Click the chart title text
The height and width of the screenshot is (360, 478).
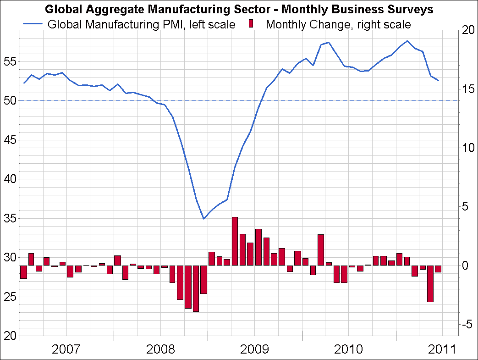(x=239, y=9)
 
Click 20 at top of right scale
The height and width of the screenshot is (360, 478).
(x=467, y=30)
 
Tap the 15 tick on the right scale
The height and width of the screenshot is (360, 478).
(x=467, y=89)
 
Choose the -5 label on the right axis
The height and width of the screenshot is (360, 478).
(x=467, y=324)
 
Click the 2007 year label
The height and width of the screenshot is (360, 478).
(x=66, y=349)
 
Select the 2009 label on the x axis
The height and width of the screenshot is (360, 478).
(x=254, y=349)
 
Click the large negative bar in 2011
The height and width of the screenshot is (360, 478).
(x=430, y=283)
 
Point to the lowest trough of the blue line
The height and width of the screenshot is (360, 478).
(x=203, y=219)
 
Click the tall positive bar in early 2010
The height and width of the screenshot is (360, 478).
(x=321, y=249)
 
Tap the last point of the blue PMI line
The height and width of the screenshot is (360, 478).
(x=439, y=81)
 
